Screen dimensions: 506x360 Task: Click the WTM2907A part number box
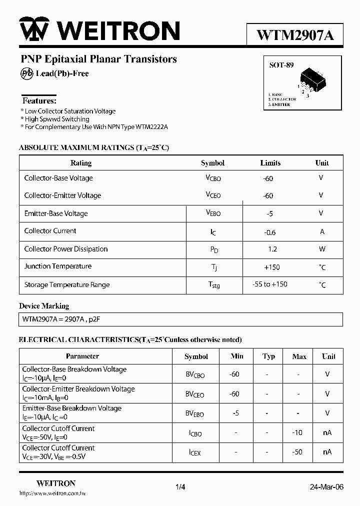click(294, 35)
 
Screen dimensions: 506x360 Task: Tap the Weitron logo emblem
click(34, 30)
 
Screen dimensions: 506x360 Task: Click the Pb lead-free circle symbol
click(26, 73)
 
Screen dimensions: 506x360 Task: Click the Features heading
click(39, 100)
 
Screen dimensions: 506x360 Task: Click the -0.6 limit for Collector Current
click(270, 231)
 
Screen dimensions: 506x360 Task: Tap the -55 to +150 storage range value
click(270, 284)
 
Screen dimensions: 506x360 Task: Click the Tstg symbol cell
click(213, 285)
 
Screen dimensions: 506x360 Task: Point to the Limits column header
click(270, 163)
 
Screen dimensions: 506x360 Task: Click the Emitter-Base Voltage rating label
click(56, 213)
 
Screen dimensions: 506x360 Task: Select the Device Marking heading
click(44, 306)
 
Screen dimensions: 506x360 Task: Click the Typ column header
click(269, 356)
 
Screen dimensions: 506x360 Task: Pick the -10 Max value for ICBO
click(297, 432)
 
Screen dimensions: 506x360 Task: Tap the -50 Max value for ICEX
click(297, 452)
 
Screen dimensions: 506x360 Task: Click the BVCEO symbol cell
click(195, 394)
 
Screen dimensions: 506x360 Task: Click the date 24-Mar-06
click(326, 487)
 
